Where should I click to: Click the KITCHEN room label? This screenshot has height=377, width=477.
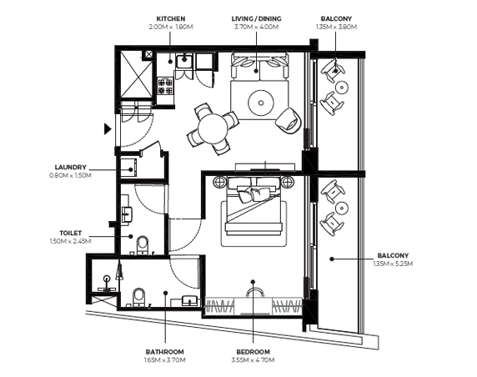tap(171, 19)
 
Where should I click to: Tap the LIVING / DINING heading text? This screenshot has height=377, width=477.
tap(257, 19)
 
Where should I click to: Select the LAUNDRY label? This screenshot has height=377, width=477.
tap(71, 168)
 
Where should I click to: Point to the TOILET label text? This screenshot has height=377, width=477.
tap(71, 233)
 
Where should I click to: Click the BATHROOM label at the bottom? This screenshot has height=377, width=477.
tap(164, 352)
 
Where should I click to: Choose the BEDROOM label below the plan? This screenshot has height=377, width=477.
tap(254, 352)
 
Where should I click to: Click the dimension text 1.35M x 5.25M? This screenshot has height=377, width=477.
tap(393, 264)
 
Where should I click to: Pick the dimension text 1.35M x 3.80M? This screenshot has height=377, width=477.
tap(336, 27)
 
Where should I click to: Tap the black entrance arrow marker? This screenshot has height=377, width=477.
tap(108, 128)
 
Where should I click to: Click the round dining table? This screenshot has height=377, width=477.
tap(213, 128)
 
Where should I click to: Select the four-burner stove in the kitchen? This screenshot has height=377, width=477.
tap(165, 86)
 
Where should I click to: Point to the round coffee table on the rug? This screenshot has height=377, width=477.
tap(261, 103)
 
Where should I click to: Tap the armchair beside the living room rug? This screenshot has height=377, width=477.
tap(289, 121)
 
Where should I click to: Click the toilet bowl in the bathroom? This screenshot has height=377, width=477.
tap(139, 297)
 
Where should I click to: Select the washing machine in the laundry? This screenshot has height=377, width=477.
tap(128, 168)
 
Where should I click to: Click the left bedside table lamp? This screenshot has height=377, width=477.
tap(219, 183)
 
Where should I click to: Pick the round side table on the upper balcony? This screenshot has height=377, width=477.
tap(342, 88)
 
